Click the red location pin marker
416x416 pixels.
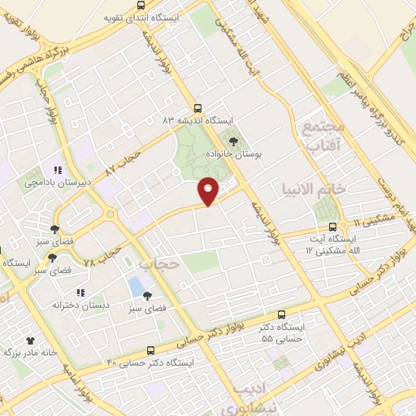[x=210, y=190]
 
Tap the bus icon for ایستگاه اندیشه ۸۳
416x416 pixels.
[x=197, y=108]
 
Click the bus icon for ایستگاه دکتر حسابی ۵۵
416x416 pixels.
[x=281, y=314]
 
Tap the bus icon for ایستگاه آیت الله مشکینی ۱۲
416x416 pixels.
[x=332, y=227]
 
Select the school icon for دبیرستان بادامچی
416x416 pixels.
[x=58, y=170]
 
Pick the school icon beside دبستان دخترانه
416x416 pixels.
[x=80, y=292]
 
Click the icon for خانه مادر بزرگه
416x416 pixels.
[x=31, y=341]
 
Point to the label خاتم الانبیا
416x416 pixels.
[x=336, y=188]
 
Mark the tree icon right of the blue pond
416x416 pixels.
[x=147, y=297]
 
